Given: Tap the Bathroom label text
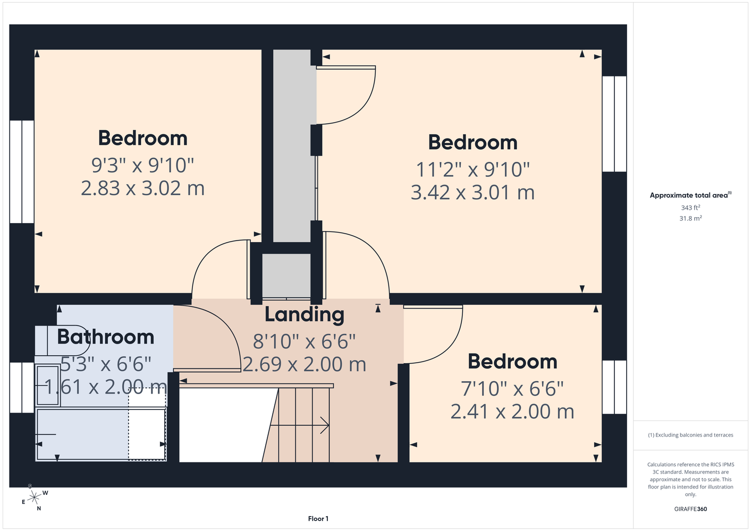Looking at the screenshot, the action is [x=106, y=337].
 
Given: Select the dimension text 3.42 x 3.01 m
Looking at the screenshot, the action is [x=472, y=193].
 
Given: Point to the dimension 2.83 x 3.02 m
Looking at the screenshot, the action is [x=143, y=189].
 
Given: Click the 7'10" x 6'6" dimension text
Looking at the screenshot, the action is [x=512, y=389].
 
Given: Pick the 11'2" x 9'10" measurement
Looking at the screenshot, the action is [x=472, y=169].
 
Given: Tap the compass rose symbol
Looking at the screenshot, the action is [x=34, y=498].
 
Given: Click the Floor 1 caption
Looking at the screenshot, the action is [x=318, y=519].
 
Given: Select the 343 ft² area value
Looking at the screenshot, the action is [x=690, y=208].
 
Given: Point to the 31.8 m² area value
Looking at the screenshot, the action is [x=690, y=218].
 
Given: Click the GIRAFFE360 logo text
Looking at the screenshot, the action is [x=690, y=509].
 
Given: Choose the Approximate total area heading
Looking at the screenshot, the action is [x=690, y=195].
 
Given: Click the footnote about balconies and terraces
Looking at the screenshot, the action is [x=690, y=435].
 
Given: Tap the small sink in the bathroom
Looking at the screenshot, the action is [x=48, y=386].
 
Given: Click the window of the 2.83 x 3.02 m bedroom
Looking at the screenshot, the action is [x=22, y=172].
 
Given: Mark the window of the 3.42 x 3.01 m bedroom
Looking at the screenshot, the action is [x=614, y=124].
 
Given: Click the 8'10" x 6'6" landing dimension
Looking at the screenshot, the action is [x=305, y=342].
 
